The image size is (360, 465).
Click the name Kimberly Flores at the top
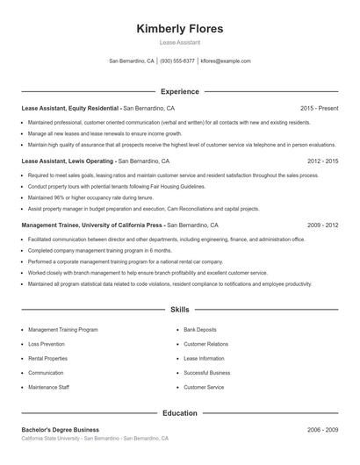click(180, 28)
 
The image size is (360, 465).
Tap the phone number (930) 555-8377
click(177, 61)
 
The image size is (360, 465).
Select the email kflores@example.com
click(226, 61)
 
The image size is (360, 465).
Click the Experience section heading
click(180, 91)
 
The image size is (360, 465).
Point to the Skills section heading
click(180, 310)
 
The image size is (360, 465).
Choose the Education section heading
click(180, 412)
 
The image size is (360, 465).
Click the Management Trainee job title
click(92, 225)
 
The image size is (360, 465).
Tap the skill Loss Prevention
click(47, 344)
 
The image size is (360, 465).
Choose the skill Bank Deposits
click(198, 330)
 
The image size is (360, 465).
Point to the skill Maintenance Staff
click(48, 387)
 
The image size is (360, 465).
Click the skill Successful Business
click(206, 373)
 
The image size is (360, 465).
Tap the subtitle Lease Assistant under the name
click(180, 42)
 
